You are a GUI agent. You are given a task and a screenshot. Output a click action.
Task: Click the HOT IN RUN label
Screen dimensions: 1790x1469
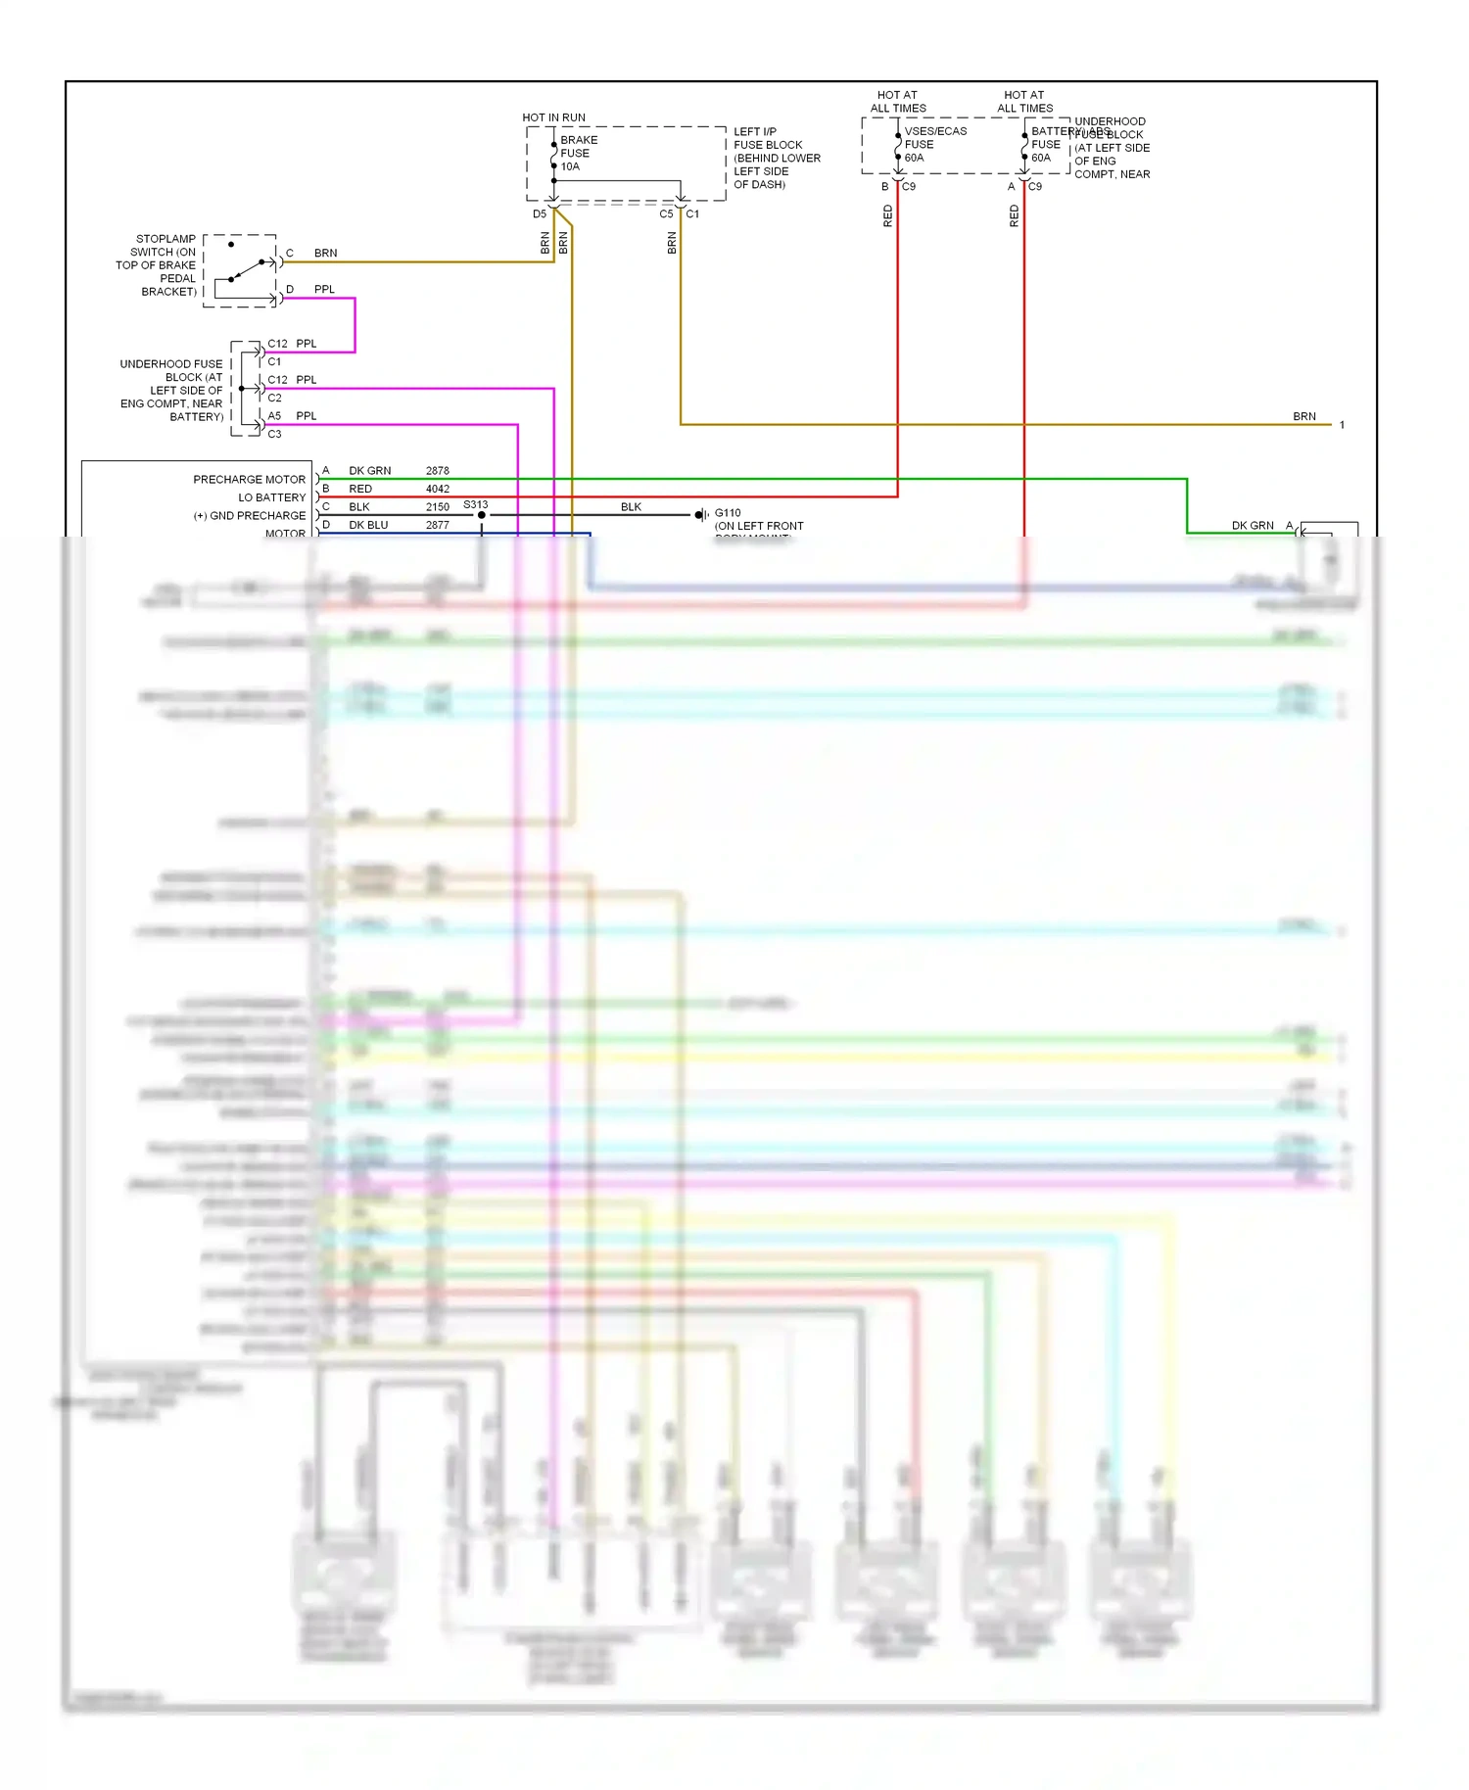pos(553,118)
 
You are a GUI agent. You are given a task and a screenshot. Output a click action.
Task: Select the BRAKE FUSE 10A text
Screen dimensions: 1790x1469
pos(578,154)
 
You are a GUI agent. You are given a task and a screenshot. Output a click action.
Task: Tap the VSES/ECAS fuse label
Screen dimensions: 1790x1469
pos(934,131)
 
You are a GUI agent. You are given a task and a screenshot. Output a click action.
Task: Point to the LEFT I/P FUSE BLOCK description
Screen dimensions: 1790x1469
pos(776,158)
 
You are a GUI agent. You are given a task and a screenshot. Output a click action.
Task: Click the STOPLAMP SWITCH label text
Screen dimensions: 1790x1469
pos(157,264)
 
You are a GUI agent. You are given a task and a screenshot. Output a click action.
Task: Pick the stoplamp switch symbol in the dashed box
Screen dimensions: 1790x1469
pos(241,270)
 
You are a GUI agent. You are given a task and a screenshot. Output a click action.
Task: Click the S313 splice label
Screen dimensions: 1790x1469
pos(475,505)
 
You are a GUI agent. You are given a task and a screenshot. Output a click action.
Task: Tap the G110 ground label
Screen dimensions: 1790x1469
pos(728,513)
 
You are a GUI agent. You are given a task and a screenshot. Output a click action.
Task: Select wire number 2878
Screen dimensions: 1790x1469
pos(437,471)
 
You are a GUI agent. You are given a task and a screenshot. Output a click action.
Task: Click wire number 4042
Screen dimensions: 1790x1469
pos(437,489)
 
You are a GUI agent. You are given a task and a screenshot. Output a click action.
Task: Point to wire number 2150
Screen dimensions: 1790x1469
pos(437,507)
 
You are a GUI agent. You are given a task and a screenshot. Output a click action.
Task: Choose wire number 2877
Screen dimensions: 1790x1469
pos(437,525)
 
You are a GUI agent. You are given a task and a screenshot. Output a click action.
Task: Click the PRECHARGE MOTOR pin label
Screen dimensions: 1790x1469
pos(249,480)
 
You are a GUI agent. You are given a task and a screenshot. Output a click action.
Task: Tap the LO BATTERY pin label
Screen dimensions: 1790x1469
pos(271,497)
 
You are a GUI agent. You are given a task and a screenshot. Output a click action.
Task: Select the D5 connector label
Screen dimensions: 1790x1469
pos(539,213)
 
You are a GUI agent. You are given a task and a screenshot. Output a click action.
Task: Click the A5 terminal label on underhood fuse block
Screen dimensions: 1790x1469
pos(274,416)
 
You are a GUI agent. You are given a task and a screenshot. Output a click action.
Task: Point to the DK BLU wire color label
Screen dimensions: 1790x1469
pos(368,525)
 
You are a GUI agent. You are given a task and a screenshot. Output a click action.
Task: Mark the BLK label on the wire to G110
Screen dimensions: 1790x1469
pos(631,507)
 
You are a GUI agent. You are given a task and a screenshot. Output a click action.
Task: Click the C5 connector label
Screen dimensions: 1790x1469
pos(666,213)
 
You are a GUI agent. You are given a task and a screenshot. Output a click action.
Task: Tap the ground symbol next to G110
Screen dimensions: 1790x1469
pos(700,515)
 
